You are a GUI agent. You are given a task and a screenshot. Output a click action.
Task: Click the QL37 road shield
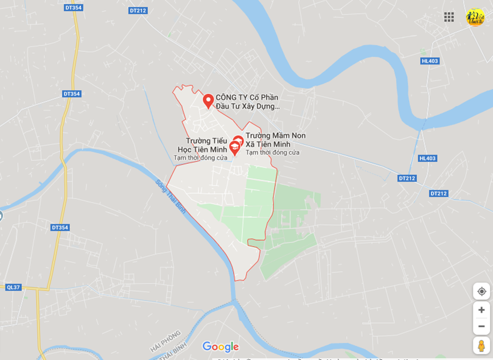(x=13, y=287)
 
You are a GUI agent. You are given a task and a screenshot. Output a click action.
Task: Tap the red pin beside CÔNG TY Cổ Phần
(x=208, y=100)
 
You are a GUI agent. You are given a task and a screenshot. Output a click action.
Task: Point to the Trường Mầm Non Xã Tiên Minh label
(x=275, y=139)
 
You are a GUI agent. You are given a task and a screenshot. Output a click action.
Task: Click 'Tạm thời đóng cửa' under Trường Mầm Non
(x=272, y=152)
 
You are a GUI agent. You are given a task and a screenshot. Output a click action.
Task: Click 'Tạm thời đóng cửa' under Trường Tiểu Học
(x=200, y=158)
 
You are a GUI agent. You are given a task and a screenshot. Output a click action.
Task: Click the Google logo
(x=220, y=347)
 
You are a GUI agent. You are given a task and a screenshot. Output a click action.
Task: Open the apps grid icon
(x=449, y=17)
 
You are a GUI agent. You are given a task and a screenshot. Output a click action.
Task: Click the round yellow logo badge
(x=475, y=17)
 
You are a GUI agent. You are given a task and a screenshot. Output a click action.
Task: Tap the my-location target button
(x=481, y=291)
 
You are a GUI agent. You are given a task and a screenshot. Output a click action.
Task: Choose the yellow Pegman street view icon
(x=481, y=346)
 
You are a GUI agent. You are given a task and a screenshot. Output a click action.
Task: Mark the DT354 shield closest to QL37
(x=60, y=227)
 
